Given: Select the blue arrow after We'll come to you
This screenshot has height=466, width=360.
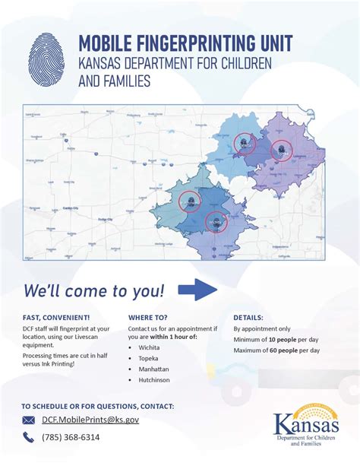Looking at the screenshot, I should click(x=202, y=290).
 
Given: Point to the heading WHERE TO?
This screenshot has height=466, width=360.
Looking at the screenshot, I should click(x=148, y=317).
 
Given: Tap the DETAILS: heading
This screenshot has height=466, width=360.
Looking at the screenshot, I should click(x=249, y=317).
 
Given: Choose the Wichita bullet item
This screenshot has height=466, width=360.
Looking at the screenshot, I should click(x=150, y=347).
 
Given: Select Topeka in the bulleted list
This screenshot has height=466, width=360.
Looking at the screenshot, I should click(x=150, y=361).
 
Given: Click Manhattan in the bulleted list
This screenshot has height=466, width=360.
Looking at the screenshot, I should click(x=154, y=376).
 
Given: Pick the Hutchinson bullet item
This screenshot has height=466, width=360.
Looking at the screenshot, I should click(x=155, y=389).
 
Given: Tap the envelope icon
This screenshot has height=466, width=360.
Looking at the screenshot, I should click(x=29, y=420).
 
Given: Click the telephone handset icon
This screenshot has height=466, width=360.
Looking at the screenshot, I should click(x=29, y=437).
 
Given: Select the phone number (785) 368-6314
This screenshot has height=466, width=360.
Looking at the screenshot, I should click(x=71, y=437).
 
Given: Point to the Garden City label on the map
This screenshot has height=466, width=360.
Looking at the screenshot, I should click(x=74, y=206).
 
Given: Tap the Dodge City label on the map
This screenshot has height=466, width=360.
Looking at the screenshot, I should click(x=102, y=219).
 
